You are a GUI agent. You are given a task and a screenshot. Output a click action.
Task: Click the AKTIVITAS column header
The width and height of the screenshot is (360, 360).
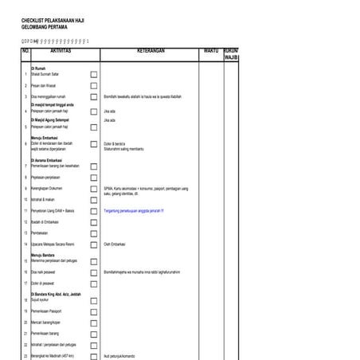click(x=60, y=50)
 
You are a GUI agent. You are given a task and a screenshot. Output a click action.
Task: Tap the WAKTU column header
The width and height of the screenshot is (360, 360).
click(x=210, y=50)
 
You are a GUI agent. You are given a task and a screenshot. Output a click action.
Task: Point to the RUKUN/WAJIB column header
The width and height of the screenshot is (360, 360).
click(x=231, y=54)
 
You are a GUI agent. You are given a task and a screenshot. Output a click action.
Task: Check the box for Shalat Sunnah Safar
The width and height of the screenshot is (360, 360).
click(x=94, y=74)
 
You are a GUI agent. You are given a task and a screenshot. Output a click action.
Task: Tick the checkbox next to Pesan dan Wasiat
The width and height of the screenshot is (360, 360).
click(x=94, y=84)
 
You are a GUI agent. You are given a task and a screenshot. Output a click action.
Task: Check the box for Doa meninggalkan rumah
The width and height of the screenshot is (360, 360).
click(x=94, y=96)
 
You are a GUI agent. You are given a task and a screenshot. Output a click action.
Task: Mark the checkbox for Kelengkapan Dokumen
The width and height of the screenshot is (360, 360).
click(x=94, y=189)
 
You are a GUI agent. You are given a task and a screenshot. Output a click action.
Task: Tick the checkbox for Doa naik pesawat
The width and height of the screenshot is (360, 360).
click(x=94, y=272)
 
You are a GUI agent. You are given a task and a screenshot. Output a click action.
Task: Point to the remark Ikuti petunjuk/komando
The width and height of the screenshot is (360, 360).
click(x=119, y=356)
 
